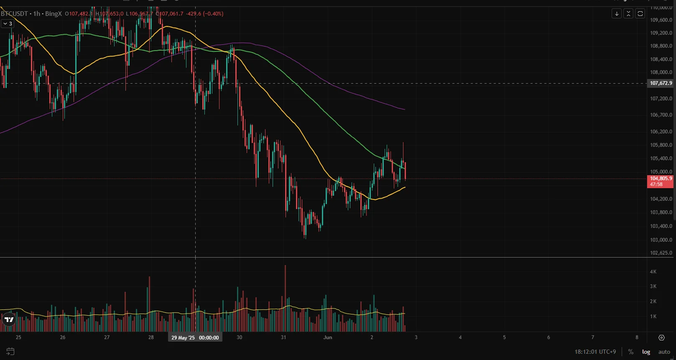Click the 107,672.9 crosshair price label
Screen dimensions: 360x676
click(x=661, y=83)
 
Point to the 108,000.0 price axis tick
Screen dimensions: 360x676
click(x=661, y=72)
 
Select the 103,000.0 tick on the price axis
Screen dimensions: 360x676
click(x=661, y=240)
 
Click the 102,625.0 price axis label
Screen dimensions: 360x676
click(x=661, y=253)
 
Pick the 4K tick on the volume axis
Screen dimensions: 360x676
click(x=653, y=272)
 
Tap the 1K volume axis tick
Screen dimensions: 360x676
click(x=653, y=317)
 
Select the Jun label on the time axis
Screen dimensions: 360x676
click(x=328, y=337)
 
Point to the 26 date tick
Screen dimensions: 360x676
click(x=63, y=337)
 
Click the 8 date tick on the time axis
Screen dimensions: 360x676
click(x=637, y=337)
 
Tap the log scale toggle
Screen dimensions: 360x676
click(x=646, y=352)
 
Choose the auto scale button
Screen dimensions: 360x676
click(x=664, y=352)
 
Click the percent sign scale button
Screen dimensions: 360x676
click(x=630, y=352)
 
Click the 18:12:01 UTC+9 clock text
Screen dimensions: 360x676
click(x=595, y=352)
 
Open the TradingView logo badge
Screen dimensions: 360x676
click(x=9, y=320)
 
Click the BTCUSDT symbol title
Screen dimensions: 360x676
click(x=14, y=14)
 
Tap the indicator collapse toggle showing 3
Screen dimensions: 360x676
click(x=8, y=24)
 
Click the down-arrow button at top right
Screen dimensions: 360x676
click(x=617, y=14)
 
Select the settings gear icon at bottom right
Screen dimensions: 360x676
click(x=661, y=337)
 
